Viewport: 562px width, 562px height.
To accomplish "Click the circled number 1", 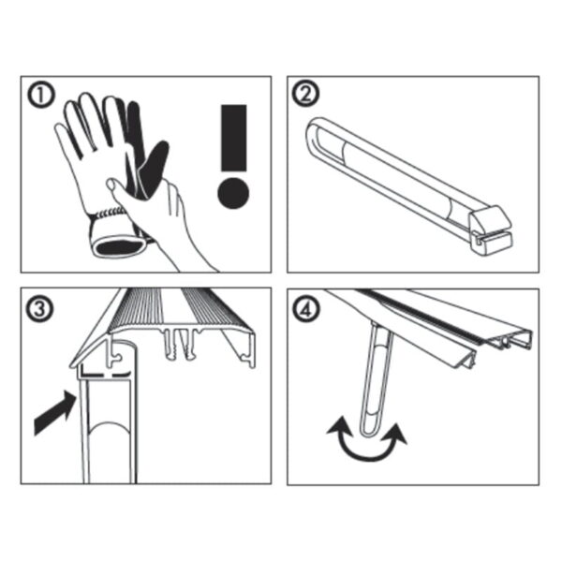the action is click(41, 95).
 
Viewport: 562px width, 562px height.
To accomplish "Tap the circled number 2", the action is click(305, 94).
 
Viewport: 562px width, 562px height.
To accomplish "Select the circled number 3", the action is click(41, 309).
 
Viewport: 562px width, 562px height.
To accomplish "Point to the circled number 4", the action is click(305, 309).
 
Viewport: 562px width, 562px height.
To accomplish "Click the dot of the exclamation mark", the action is click(233, 193).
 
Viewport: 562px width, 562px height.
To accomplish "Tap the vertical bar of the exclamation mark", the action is click(233, 138).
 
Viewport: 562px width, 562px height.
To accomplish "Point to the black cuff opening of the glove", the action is click(119, 246).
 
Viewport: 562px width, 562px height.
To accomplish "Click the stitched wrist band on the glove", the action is click(108, 214).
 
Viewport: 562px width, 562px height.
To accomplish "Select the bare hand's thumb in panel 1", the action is click(118, 189).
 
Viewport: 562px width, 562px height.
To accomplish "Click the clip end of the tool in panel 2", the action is click(491, 229).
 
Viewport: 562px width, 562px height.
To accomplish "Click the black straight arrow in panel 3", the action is click(54, 413).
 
